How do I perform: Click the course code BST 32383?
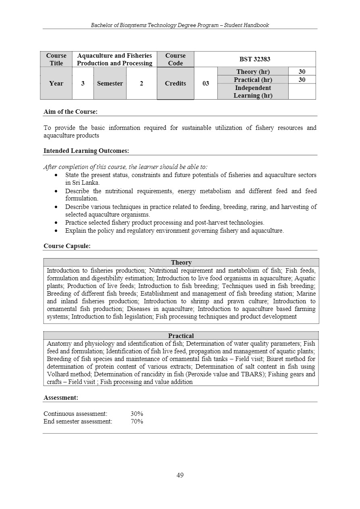pos(255,59)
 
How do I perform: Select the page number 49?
pos(180,475)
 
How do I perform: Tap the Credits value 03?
pos(206,83)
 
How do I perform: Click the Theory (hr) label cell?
pos(253,72)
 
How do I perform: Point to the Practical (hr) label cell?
pos(253,80)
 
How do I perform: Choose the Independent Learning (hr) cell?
pos(253,92)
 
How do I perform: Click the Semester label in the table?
pos(110,83)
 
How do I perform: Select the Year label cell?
pos(56,83)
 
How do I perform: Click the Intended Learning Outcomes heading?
pos(86,151)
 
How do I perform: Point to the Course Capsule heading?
pos(67,246)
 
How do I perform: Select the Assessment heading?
pos(61,398)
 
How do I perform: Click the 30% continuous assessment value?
pos(137,414)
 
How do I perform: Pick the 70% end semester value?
pos(137,421)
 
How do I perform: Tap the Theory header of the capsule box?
pos(181,263)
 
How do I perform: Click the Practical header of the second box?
pos(181,336)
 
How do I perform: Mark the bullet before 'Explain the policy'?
pos(56,231)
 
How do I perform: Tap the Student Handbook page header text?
pos(180,25)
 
